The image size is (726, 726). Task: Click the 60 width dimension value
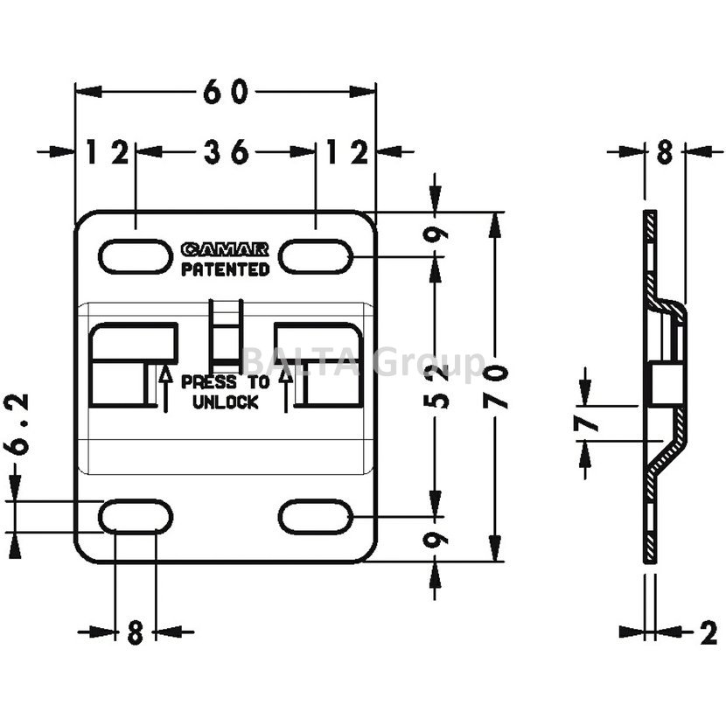226,91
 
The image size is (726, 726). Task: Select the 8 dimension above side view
664,153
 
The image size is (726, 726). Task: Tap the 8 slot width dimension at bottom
135,632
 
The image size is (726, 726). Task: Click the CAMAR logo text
225,250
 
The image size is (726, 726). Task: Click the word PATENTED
225,269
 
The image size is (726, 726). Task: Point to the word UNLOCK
225,402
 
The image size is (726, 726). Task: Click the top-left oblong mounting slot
135,256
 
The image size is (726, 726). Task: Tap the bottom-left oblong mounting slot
135,516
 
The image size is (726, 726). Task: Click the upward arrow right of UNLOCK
286,387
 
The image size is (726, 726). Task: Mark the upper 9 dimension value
438,234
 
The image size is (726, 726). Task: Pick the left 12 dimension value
107,151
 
